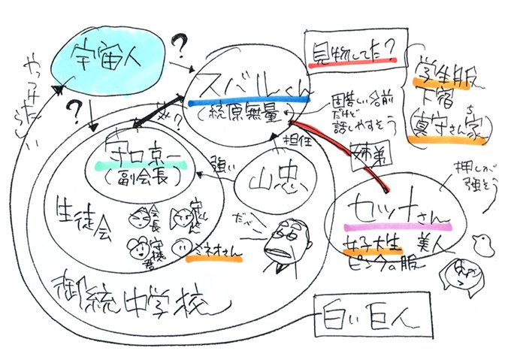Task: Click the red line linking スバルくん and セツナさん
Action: [331, 146]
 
